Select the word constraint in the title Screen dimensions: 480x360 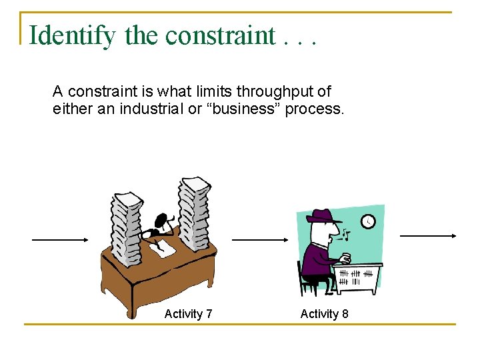pos(220,35)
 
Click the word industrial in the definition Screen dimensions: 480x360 pos(151,109)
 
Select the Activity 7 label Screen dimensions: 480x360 pos(188,313)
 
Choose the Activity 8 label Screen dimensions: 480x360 pos(324,313)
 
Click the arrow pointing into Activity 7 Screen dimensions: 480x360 pos(61,240)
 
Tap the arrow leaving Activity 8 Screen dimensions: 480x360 pos(427,235)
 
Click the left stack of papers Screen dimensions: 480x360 pos(127,227)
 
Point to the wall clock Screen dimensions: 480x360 pos(368,221)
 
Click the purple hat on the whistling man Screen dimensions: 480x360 pos(323,217)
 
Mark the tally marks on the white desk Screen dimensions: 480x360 pos(355,277)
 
